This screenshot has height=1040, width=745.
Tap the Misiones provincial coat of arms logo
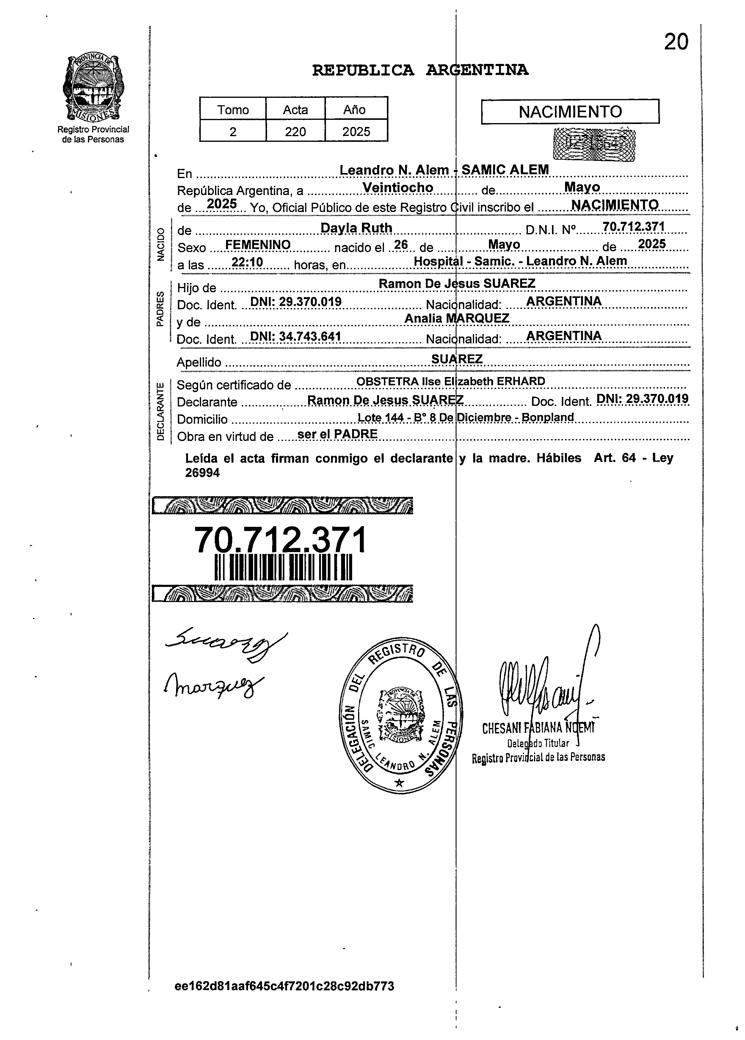93,87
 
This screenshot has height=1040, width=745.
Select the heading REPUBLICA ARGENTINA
420,70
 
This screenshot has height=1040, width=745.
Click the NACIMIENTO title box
570,112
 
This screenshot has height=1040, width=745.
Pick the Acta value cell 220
295,132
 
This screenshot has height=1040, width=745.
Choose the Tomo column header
233,110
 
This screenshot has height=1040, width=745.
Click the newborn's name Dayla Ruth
356,228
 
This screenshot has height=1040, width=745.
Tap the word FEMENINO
258,245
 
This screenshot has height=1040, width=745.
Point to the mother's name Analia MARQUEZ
457,318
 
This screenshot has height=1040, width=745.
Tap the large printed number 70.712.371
281,540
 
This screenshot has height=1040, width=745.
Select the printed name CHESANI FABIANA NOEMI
538,728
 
